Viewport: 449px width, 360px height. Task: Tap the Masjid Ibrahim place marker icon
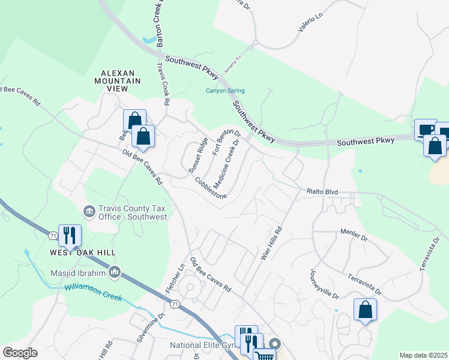[x=115, y=274]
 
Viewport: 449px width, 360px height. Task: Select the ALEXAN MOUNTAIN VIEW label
[x=117, y=80]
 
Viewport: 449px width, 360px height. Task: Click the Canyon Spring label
[x=225, y=91]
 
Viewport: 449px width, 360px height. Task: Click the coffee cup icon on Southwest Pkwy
[x=426, y=128]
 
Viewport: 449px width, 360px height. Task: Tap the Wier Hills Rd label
[x=271, y=242]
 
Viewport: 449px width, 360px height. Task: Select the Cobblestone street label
[x=210, y=188]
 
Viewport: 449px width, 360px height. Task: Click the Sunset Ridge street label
[x=198, y=155]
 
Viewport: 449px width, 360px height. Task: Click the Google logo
[x=20, y=353]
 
